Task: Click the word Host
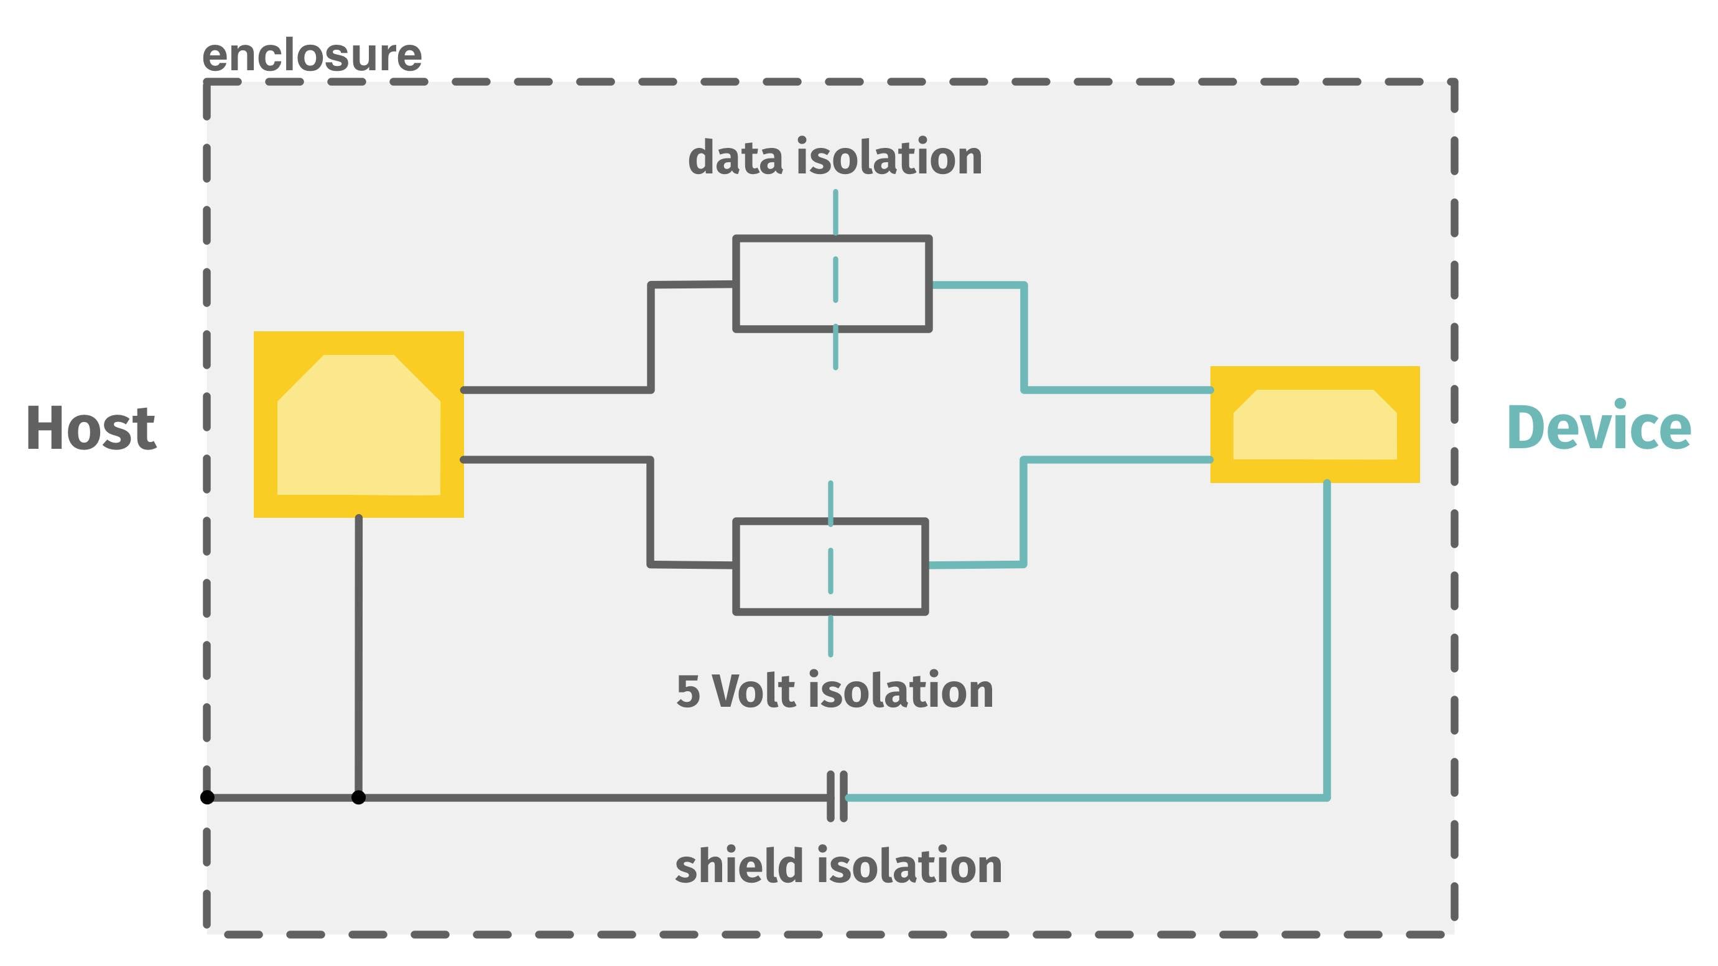click(91, 429)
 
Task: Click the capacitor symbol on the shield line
click(837, 797)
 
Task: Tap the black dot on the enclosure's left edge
click(207, 797)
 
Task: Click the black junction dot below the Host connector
click(358, 797)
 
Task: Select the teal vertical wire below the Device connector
click(1327, 633)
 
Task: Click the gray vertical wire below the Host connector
click(358, 653)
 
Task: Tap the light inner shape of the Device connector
click(1314, 426)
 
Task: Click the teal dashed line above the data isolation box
click(835, 210)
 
